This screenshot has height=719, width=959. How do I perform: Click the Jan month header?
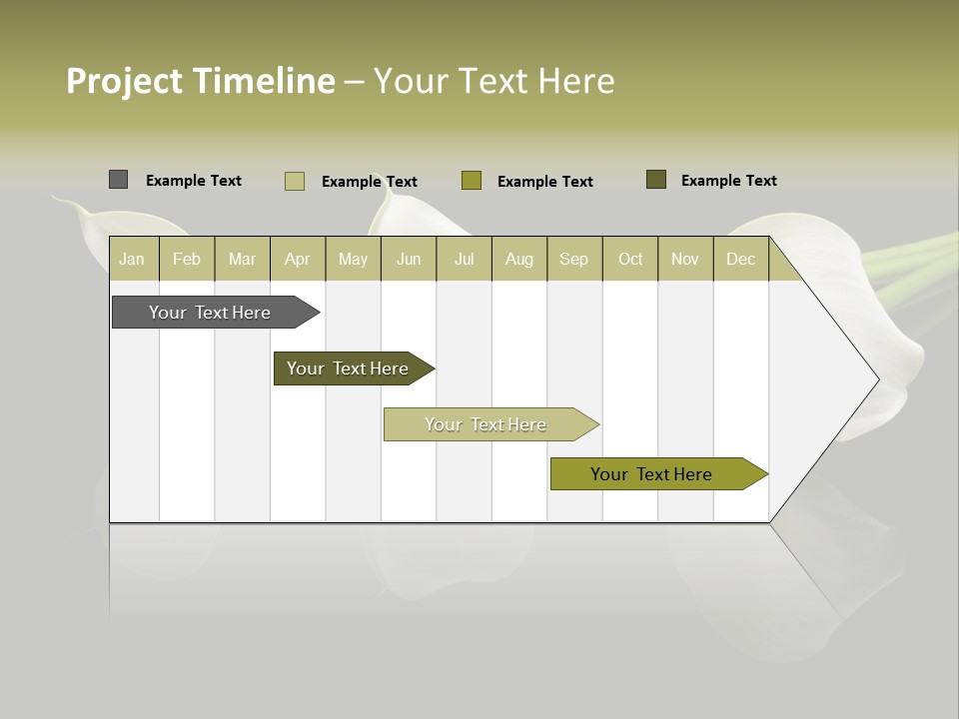pyautogui.click(x=133, y=260)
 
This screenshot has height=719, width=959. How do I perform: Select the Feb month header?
pyautogui.click(x=187, y=260)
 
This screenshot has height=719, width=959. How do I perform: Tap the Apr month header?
pyautogui.click(x=298, y=260)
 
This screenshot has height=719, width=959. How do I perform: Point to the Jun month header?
pyautogui.click(x=409, y=260)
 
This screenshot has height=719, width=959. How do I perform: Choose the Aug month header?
pyautogui.click(x=519, y=260)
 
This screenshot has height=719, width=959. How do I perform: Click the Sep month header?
pyautogui.click(x=574, y=260)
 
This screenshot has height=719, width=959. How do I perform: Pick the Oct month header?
pyautogui.click(x=630, y=260)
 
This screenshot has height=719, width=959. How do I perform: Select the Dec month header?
pyautogui.click(x=741, y=260)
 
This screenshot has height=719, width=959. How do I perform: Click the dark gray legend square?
pyautogui.click(x=118, y=180)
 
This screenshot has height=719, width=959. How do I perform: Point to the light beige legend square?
pyautogui.click(x=294, y=181)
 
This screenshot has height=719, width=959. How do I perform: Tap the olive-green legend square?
pyautogui.click(x=472, y=181)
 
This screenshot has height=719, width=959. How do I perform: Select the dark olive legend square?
pyautogui.click(x=655, y=180)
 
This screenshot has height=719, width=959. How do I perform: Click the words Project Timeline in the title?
pyautogui.click(x=201, y=81)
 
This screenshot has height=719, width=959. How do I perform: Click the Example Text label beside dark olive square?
pyautogui.click(x=728, y=181)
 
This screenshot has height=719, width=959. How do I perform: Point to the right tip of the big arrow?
pyautogui.click(x=876, y=379)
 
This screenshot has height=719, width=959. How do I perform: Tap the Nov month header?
pyautogui.click(x=685, y=260)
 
